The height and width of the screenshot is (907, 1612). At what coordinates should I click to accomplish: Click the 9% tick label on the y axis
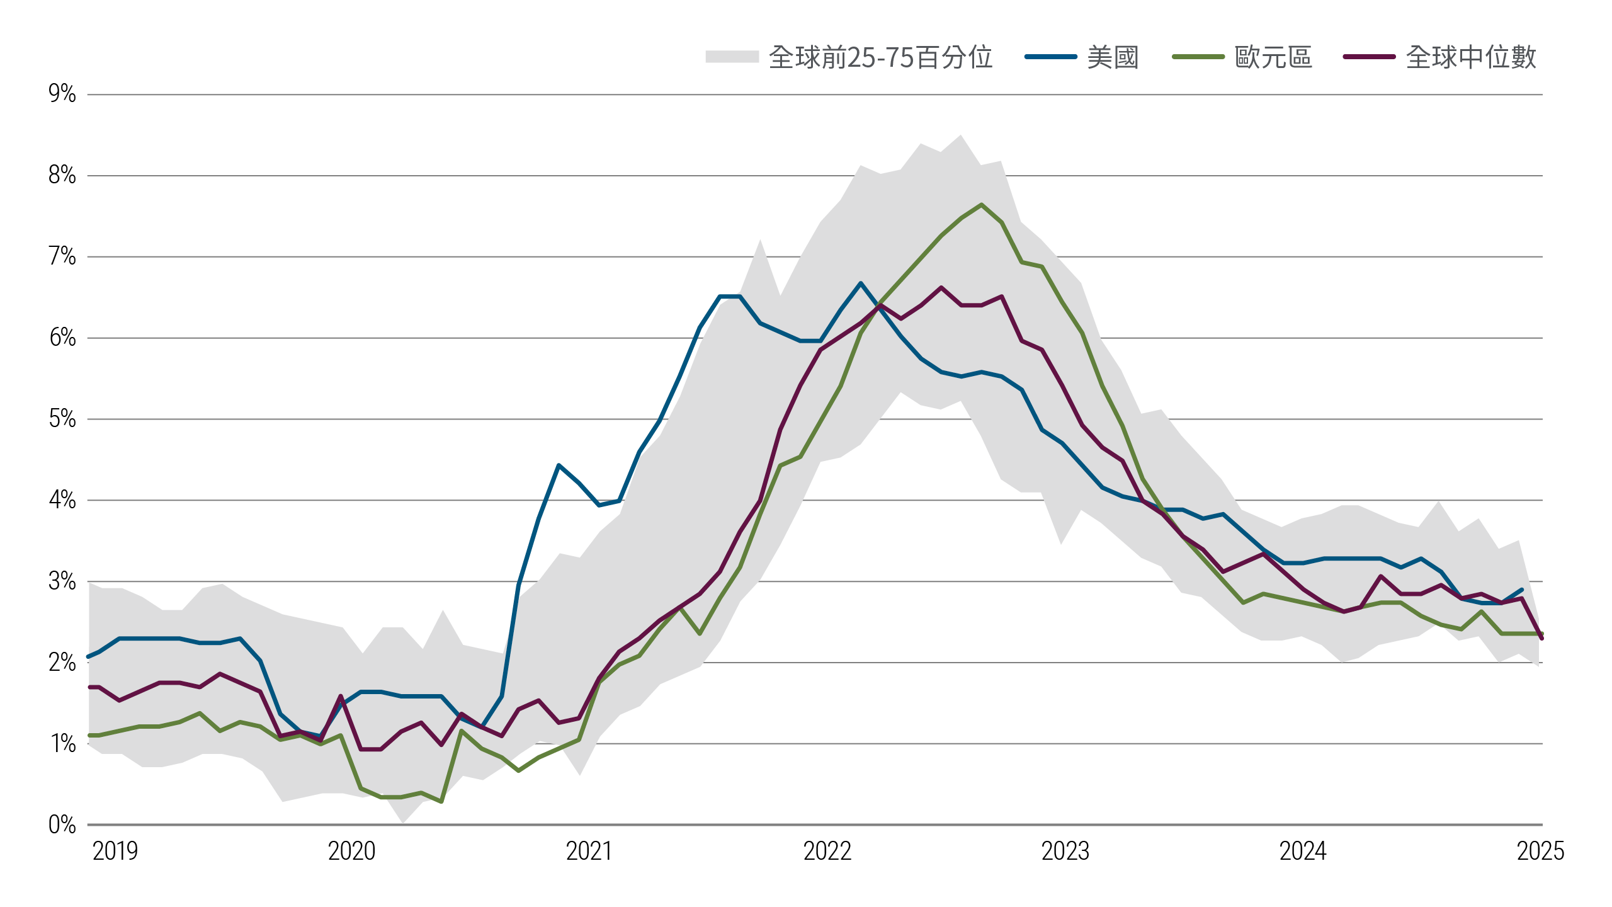click(x=62, y=94)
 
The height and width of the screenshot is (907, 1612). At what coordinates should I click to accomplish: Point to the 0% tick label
click(x=62, y=824)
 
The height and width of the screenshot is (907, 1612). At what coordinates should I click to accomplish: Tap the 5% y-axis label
click(x=62, y=419)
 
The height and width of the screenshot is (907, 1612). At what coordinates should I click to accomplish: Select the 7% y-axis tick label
click(x=62, y=256)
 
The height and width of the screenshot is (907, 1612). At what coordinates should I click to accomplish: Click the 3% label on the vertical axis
click(x=62, y=581)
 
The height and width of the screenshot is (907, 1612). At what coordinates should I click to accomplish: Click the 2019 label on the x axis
click(x=115, y=852)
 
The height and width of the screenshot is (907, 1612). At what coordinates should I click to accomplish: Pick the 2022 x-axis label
click(x=827, y=852)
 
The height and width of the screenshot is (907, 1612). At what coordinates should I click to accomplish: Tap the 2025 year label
click(x=1540, y=852)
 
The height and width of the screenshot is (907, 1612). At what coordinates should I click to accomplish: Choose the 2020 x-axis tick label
click(x=351, y=852)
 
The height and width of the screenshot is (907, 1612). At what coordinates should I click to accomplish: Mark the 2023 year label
click(x=1065, y=852)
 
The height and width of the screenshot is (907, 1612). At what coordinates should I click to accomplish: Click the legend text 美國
click(x=1113, y=57)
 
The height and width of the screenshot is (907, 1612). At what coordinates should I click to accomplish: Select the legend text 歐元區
click(x=1273, y=57)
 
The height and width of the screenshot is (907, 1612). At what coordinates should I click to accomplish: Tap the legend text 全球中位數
click(x=1471, y=57)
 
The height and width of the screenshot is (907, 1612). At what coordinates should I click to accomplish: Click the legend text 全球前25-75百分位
click(x=880, y=57)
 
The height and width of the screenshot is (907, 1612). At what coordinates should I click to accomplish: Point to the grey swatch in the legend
click(x=732, y=57)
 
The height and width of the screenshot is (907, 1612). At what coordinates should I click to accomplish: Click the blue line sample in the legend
click(x=1050, y=57)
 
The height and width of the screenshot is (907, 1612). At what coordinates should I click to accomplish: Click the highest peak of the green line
click(x=981, y=205)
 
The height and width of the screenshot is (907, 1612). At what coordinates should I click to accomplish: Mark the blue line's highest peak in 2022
click(x=861, y=283)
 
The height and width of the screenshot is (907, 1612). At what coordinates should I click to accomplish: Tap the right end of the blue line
click(x=1522, y=590)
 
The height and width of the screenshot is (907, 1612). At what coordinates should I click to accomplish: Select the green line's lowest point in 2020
click(x=441, y=802)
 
